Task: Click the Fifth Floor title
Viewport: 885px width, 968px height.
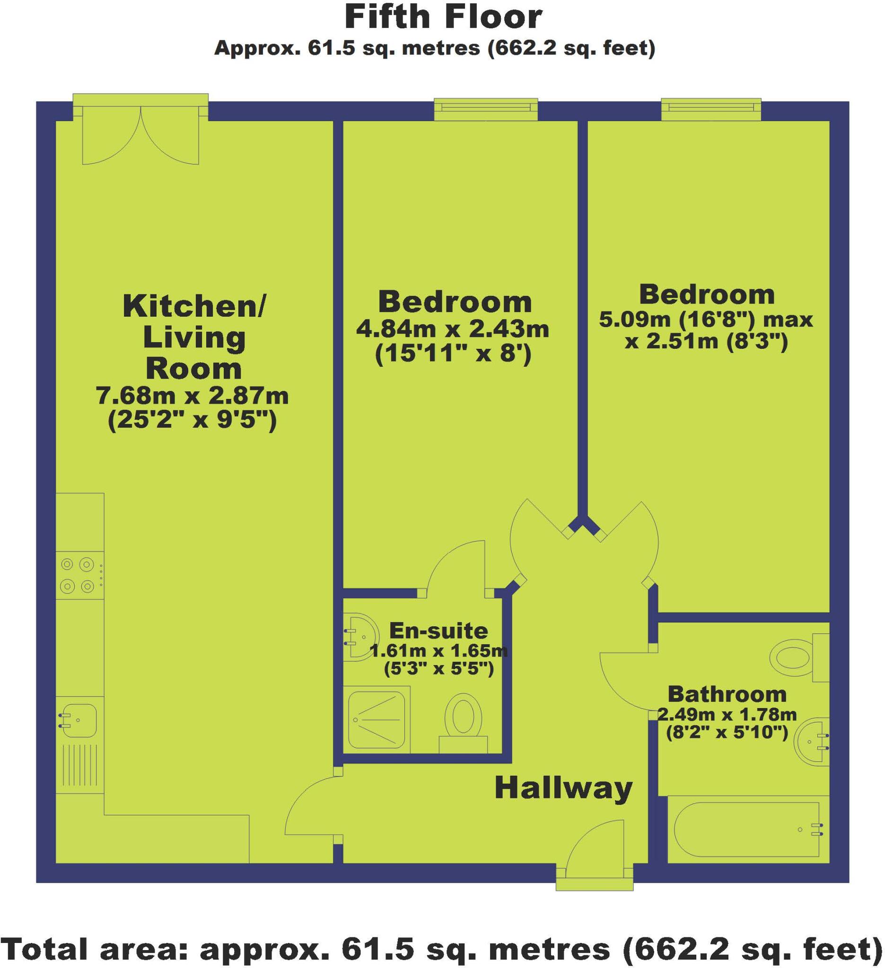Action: pos(443,17)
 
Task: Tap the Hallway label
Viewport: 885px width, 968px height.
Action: pos(563,788)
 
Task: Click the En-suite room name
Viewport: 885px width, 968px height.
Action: pos(438,631)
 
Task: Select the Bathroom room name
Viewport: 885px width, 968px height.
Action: pos(727,694)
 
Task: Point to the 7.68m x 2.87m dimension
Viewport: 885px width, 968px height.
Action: pos(192,396)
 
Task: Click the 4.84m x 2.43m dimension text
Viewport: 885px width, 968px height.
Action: pos(452,329)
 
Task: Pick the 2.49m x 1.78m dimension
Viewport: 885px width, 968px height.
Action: pos(727,715)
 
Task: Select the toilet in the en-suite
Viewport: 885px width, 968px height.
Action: pos(463,720)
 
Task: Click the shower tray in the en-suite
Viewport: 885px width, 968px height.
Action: pos(377,720)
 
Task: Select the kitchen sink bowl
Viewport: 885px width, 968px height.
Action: pos(79,721)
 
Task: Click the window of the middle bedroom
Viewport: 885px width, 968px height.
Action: pos(486,110)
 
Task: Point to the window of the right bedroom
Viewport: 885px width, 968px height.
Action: pos(711,110)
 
